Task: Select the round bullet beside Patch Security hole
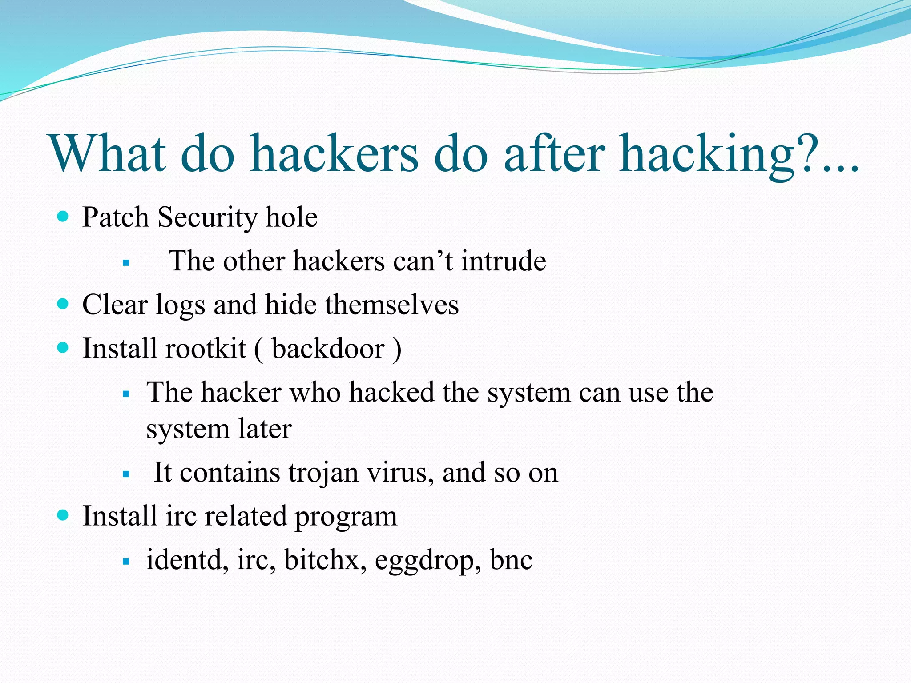pos(63,217)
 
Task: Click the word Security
pos(207,218)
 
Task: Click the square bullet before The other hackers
pos(126,263)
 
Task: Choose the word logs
pos(180,306)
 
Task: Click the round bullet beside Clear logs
pos(63,304)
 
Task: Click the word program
pos(346,517)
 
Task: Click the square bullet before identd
pos(126,562)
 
